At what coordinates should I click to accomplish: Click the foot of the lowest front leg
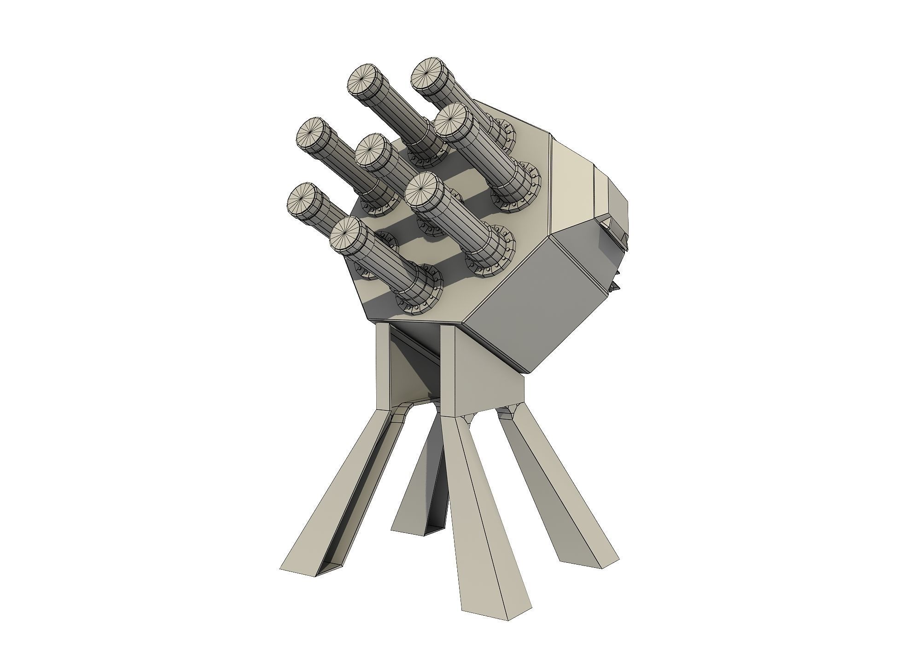pos(493,599)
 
